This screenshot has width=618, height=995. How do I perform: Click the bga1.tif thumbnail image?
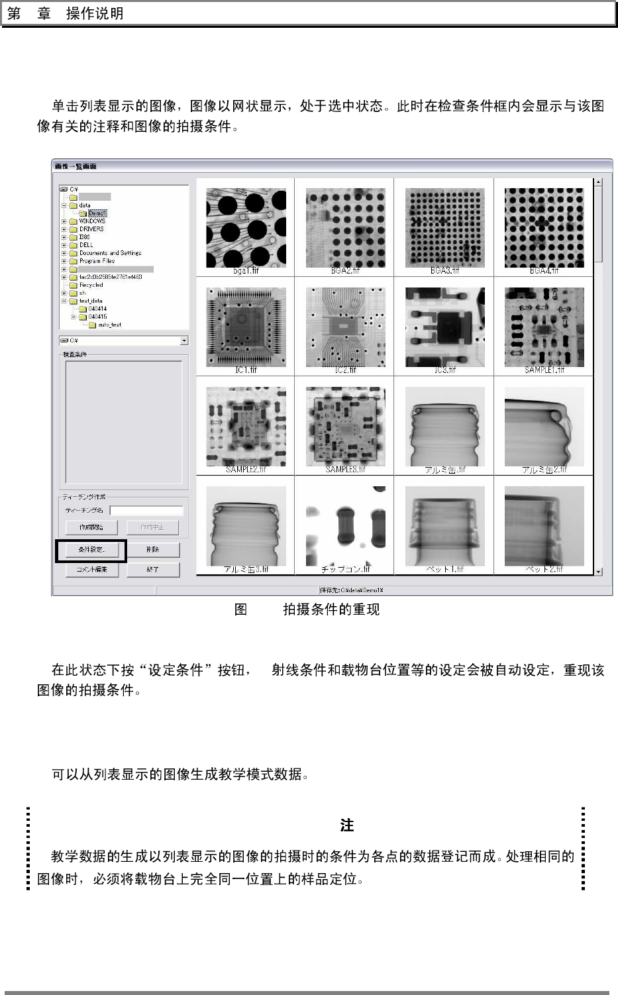pos(246,227)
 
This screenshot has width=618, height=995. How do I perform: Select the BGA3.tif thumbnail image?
pos(444,227)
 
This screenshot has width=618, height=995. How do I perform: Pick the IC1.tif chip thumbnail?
pos(246,326)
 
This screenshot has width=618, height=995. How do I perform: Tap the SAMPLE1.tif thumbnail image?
pos(544,326)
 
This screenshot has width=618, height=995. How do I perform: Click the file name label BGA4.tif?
pos(544,271)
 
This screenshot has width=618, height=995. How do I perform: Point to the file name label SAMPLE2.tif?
pos(246,470)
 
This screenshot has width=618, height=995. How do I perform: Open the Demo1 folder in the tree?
pos(97,213)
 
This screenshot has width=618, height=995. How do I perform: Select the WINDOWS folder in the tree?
pos(92,221)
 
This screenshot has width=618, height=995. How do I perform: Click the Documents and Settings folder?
pos(110,253)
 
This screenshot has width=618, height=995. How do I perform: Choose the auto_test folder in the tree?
pos(109,325)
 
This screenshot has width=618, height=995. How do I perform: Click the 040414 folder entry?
pos(97,309)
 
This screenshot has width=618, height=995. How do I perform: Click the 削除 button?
pos(152,549)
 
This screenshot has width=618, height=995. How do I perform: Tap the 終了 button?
pos(152,569)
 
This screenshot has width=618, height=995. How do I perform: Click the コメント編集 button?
pos(91,569)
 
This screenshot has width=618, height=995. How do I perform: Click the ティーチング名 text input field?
pos(146,510)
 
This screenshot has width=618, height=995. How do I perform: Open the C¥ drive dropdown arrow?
pos(183,340)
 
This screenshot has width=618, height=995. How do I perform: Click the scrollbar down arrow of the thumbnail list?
pos(598,570)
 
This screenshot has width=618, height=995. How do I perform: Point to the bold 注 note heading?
pos(346,825)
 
